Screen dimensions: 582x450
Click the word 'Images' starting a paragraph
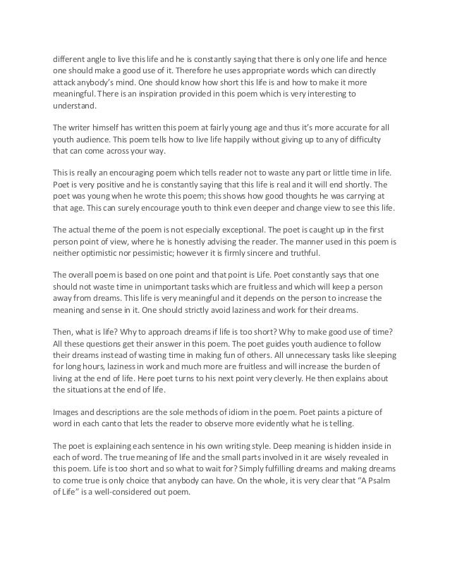68,412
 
